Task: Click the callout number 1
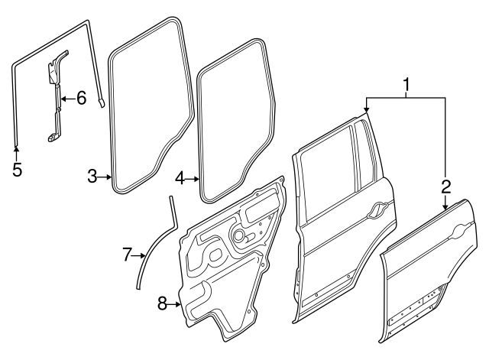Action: pyautogui.click(x=407, y=85)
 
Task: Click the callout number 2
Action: pyautogui.click(x=446, y=185)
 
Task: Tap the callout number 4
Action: pyautogui.click(x=180, y=179)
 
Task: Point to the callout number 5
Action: pyautogui.click(x=17, y=169)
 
